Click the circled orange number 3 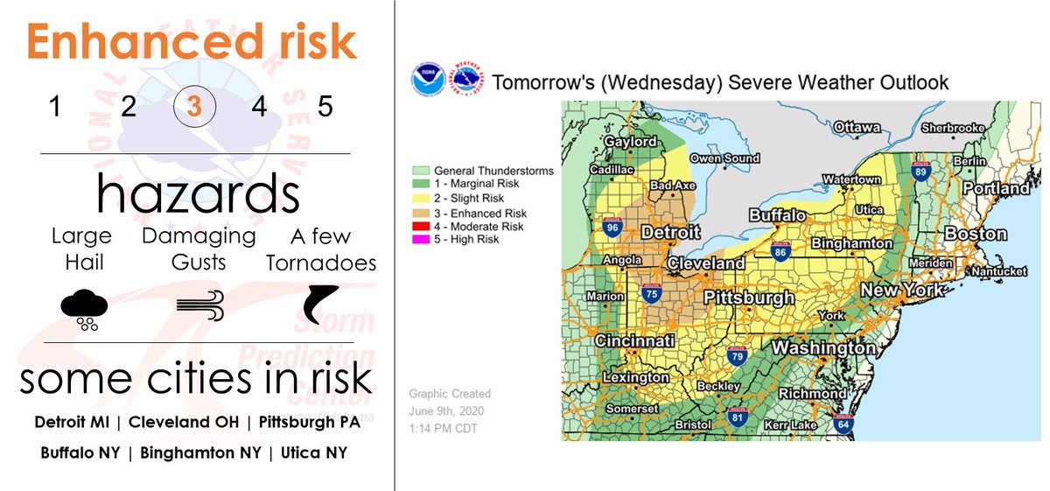coord(194,108)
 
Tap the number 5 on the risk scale coord(325,108)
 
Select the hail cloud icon coord(84,309)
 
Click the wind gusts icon coord(200,305)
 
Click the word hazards coord(198,192)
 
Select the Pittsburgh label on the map coord(749,298)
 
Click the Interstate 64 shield coord(843,425)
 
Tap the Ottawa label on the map coord(857,128)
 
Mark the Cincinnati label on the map coord(634,340)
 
